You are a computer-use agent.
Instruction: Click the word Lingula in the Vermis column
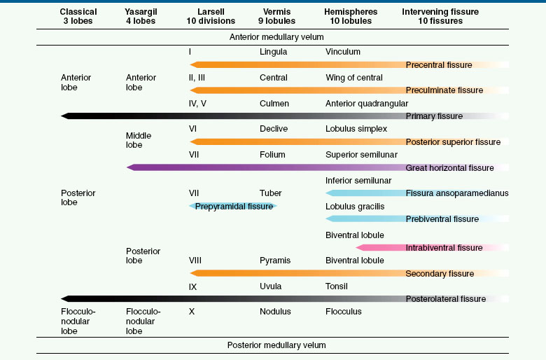tap(273, 52)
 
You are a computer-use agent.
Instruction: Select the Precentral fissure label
tap(439, 65)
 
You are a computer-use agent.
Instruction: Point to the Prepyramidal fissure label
tap(234, 207)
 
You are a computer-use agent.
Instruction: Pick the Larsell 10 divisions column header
tap(211, 16)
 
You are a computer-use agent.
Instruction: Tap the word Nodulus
tap(275, 311)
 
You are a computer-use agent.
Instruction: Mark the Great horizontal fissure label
tap(449, 168)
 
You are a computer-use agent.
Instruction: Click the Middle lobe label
tap(139, 140)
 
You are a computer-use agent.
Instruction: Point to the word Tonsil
tap(337, 286)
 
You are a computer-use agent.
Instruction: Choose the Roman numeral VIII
tap(195, 261)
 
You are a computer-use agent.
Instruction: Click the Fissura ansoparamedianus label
tap(457, 193)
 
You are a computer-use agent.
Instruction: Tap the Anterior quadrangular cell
tap(367, 104)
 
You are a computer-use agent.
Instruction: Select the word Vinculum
tap(343, 52)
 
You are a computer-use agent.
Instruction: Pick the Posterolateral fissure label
tap(445, 299)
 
